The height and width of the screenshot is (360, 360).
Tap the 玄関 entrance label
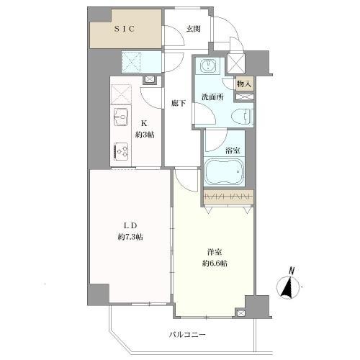coord(192,29)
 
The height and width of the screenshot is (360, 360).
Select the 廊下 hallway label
coord(179,104)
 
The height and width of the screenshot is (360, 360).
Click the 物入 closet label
coord(245,84)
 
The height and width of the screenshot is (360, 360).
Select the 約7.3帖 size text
coord(130,238)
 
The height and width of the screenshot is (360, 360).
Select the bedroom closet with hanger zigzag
coord(228,196)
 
